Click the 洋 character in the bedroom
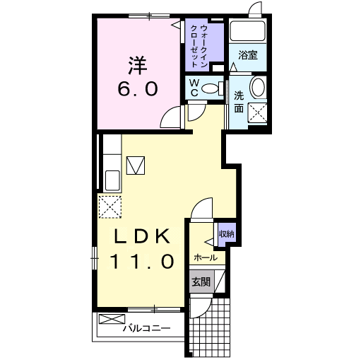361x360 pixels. coord(138,65)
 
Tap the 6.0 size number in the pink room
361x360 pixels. coord(138,89)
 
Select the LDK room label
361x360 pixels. coord(142,236)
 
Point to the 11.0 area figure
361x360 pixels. coord(143,261)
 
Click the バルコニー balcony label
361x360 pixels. coord(146,328)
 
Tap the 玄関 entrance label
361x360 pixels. coord(201,281)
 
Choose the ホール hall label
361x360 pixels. coord(206,257)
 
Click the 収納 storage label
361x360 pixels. coord(227,234)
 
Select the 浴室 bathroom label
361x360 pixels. coord(248,55)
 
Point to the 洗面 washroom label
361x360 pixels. coord(239,102)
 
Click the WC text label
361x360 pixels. coord(194,88)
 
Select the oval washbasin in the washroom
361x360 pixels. coord(258,86)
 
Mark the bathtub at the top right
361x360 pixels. coord(247,31)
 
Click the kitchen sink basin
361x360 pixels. coord(112,180)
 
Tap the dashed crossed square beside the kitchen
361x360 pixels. coord(110,207)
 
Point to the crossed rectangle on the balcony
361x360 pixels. coord(112,319)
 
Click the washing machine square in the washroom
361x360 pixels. coord(258,113)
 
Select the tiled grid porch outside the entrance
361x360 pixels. coord(210,327)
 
